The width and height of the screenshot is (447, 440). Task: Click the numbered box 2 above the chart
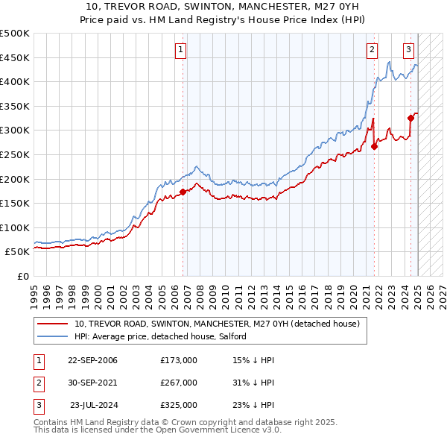pyautogui.click(x=372, y=51)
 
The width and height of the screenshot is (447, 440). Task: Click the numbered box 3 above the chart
pyautogui.click(x=409, y=51)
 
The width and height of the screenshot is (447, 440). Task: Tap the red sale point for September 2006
pyautogui.click(x=183, y=192)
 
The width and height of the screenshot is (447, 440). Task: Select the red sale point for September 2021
pyautogui.click(x=374, y=146)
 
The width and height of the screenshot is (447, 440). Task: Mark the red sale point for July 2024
pyautogui.click(x=410, y=118)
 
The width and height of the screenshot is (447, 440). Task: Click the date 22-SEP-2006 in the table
pyautogui.click(x=92, y=360)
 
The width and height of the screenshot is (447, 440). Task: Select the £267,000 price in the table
pyautogui.click(x=179, y=383)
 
